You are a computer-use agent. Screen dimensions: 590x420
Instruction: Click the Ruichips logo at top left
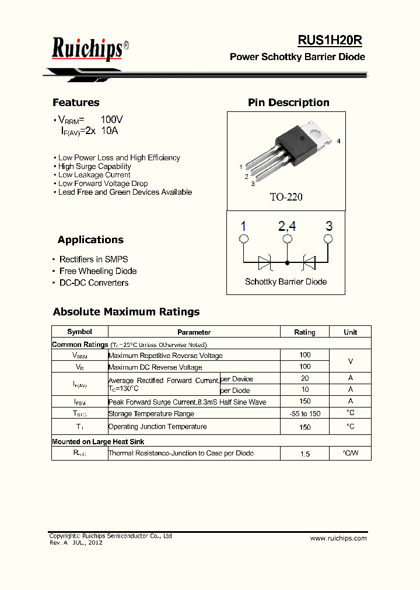(x=87, y=49)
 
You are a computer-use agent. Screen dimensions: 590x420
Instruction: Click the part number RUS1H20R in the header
(x=330, y=40)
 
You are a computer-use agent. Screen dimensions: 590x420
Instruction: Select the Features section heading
(x=76, y=103)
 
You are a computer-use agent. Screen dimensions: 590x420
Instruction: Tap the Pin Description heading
(x=289, y=103)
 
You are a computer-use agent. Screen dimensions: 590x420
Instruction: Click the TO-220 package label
(x=286, y=197)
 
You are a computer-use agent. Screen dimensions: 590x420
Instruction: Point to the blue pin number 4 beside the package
(x=338, y=142)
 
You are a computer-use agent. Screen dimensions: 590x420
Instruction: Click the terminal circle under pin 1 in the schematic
(x=244, y=239)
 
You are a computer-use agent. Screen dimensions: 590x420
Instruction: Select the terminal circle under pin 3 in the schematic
(x=328, y=239)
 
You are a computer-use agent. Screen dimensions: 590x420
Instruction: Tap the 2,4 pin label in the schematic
(x=287, y=226)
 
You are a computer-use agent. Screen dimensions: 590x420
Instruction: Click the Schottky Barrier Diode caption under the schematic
(x=286, y=282)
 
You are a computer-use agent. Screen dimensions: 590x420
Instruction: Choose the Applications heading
(x=90, y=240)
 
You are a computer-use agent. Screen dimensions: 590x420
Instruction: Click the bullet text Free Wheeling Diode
(x=98, y=271)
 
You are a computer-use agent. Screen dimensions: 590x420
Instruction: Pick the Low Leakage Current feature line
(x=94, y=175)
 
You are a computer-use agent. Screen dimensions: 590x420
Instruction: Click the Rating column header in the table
(x=304, y=332)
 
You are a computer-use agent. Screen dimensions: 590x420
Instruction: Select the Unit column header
(x=351, y=332)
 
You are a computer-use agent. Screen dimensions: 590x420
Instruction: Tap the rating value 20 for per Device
(x=304, y=378)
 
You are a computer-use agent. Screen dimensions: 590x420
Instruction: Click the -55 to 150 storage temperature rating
(x=304, y=414)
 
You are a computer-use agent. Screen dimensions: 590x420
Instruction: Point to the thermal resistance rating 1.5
(x=304, y=454)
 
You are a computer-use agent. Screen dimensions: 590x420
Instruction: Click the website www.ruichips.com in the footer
(x=338, y=538)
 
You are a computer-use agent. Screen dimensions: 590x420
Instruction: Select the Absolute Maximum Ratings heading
(x=126, y=312)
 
